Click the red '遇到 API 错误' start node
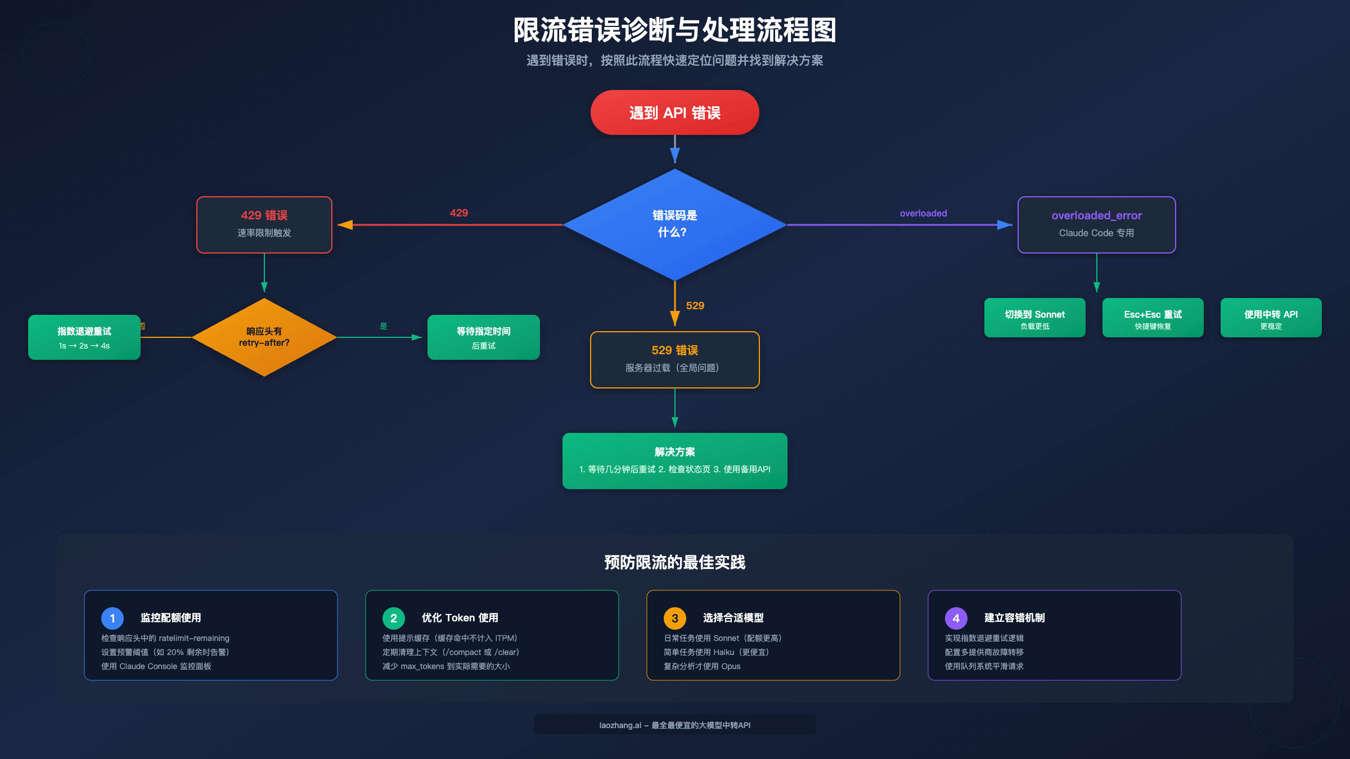(x=674, y=112)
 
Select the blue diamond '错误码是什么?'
(x=674, y=224)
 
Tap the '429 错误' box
(x=264, y=224)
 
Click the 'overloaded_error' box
(x=1096, y=224)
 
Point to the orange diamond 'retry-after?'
(x=264, y=337)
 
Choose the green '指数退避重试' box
(x=84, y=337)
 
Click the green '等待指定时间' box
(x=483, y=337)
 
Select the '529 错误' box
(x=674, y=359)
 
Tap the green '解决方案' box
(x=674, y=460)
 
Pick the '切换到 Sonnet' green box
(x=1034, y=318)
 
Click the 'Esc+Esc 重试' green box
(x=1153, y=318)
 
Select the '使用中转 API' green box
(x=1271, y=318)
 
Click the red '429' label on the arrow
(x=458, y=213)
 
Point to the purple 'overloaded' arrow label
(x=923, y=214)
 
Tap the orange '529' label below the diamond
(x=695, y=306)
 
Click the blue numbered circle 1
(x=112, y=618)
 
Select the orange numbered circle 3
(x=674, y=618)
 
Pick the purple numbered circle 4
(x=956, y=618)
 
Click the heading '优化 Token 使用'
(x=460, y=618)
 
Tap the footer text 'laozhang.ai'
(x=620, y=725)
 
